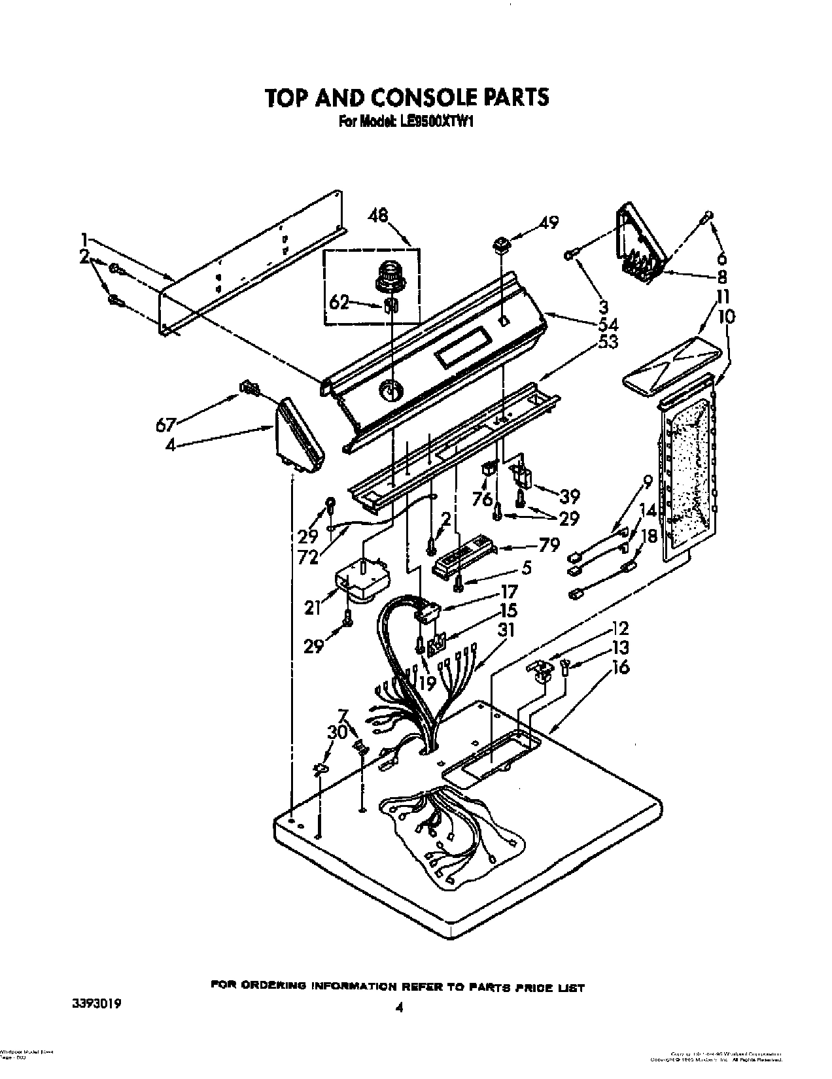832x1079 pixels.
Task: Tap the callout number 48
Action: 377,215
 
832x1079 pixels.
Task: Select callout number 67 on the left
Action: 165,424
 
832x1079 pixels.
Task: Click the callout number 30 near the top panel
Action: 337,733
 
